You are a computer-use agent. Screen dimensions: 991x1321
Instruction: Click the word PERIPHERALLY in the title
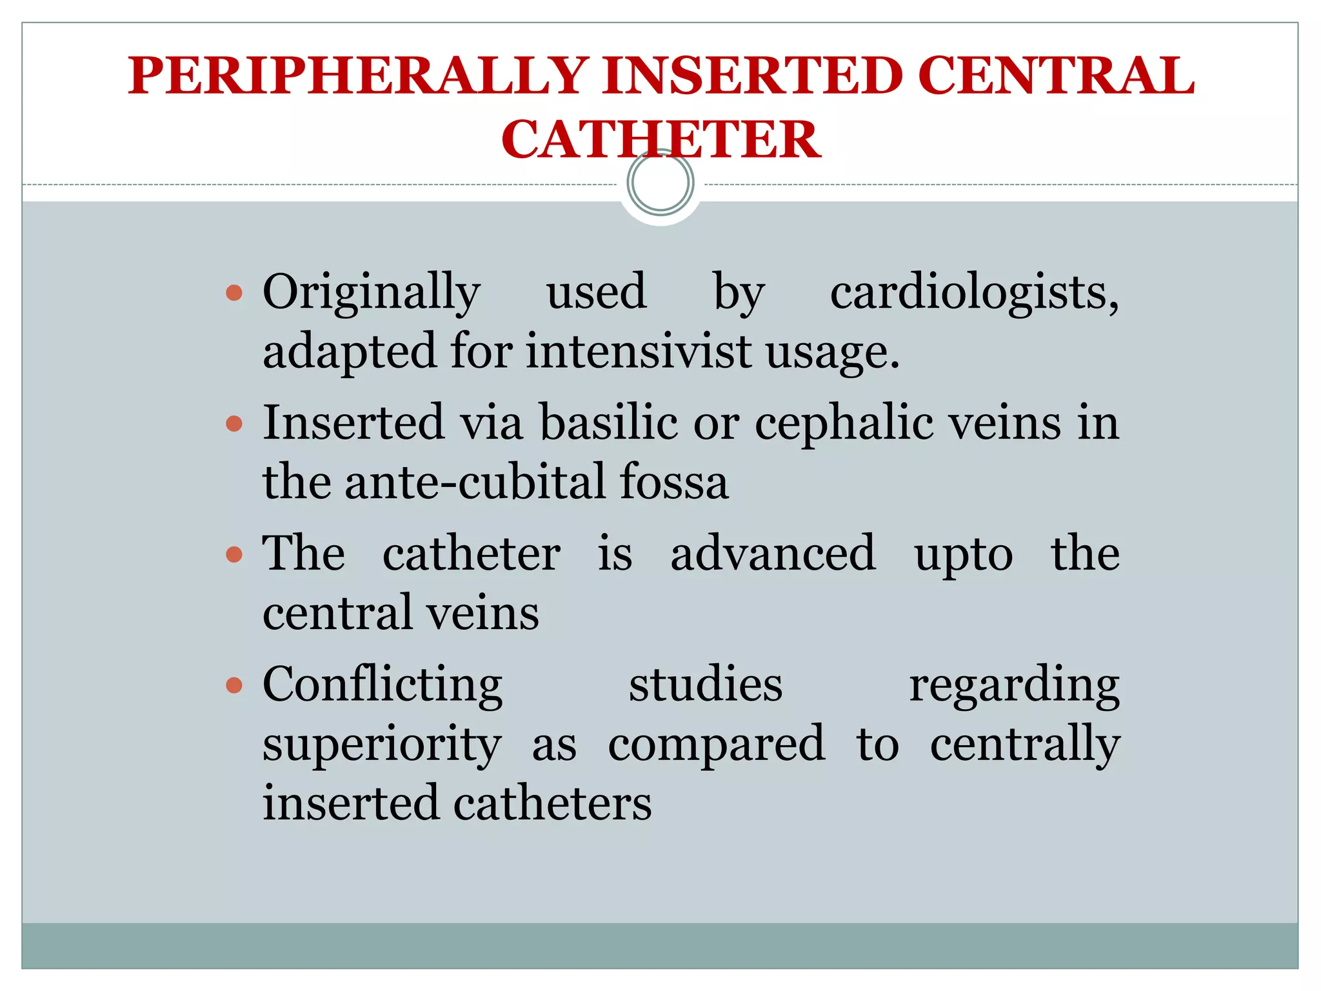coord(358,76)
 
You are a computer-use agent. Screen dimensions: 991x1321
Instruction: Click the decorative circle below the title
coord(660,183)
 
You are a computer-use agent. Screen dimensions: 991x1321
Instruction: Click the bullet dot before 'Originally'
coord(234,294)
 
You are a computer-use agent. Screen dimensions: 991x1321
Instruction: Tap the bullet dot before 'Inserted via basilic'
coord(234,424)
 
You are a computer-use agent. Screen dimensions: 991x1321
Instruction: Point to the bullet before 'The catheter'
coord(234,554)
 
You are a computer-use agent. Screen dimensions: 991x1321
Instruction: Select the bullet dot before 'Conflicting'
coord(234,685)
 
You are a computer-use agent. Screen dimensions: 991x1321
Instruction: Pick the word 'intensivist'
coord(639,352)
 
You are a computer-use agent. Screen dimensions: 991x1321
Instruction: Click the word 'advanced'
coord(773,554)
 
